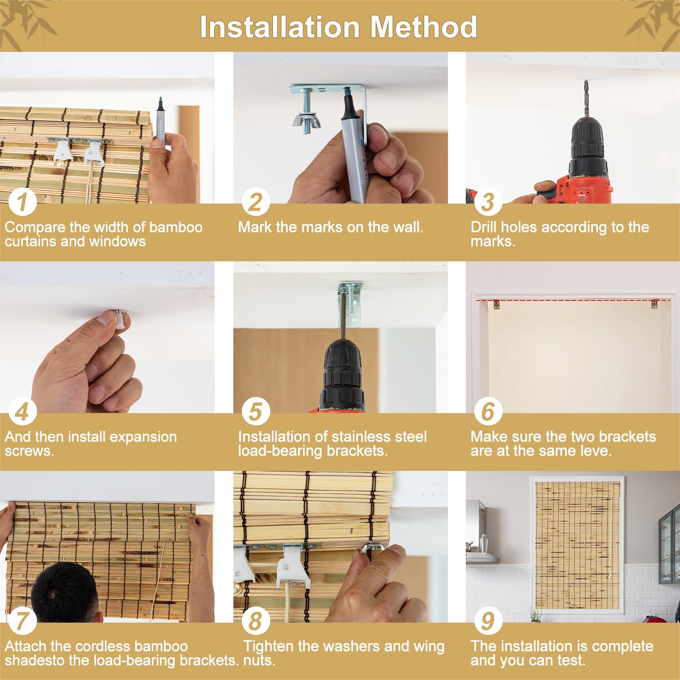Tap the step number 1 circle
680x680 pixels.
pyautogui.click(x=23, y=201)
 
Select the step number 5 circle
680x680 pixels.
pyautogui.click(x=255, y=411)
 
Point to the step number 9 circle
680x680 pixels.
pyautogui.click(x=488, y=620)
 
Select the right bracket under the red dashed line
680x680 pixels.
pyautogui.click(x=654, y=304)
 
